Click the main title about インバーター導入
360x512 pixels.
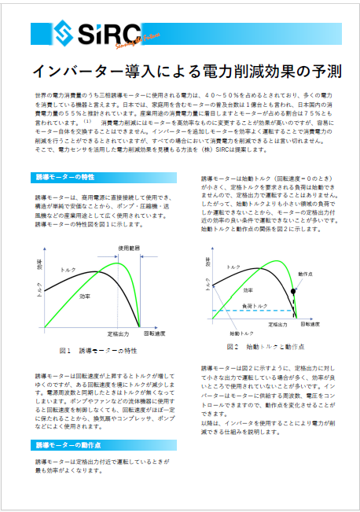(x=179, y=71)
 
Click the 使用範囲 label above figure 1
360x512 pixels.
(x=129, y=248)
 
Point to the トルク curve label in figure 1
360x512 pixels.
(x=68, y=270)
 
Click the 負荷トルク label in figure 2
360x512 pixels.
(x=254, y=304)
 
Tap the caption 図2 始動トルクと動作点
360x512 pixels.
(x=265, y=347)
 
